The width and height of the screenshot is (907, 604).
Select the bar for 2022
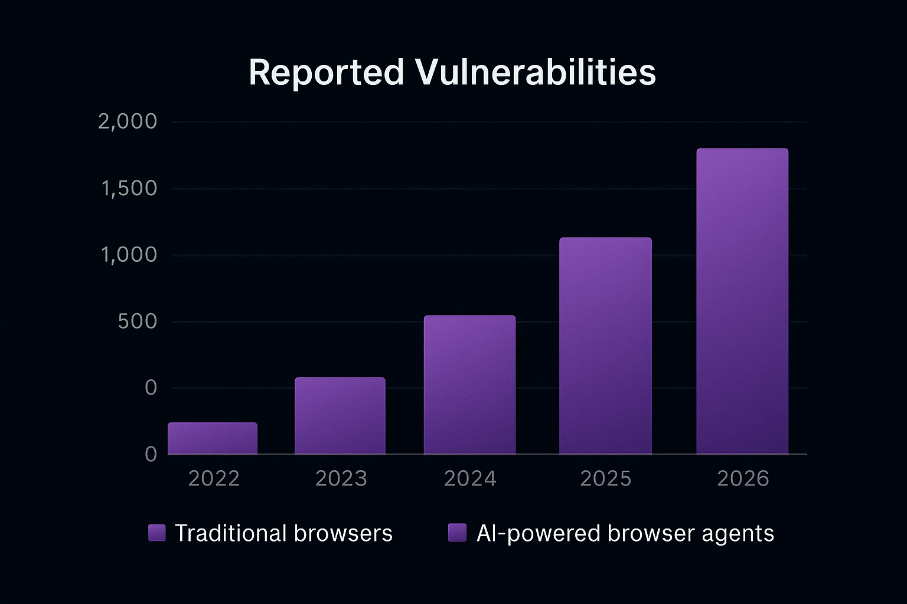pos(213,438)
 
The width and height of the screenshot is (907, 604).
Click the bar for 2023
pos(340,416)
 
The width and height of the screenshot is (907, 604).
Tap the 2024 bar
pos(469,385)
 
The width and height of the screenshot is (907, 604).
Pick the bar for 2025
pos(605,346)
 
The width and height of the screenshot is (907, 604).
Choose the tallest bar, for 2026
pos(742,301)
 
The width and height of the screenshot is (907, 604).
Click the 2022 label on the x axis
pos(214,478)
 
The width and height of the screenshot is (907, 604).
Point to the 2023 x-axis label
pos(341,478)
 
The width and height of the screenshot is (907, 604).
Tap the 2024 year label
pos(470,478)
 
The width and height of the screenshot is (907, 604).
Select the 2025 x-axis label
pos(606,478)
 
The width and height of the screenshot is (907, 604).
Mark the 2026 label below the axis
pos(743,478)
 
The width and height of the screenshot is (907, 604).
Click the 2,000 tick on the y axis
pos(128,122)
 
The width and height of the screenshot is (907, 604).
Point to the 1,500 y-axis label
pos(129,189)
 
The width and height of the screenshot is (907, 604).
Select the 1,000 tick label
pos(129,255)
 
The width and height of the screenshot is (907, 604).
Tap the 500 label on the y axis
pos(138,321)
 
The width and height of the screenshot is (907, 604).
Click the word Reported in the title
pos(326,73)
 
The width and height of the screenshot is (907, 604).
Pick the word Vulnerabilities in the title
pos(535,73)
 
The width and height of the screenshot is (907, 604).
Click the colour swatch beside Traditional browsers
pos(157,533)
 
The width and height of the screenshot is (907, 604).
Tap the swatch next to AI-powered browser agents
pos(458,533)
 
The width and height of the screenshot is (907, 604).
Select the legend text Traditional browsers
pos(283,533)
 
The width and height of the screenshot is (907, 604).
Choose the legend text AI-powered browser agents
pos(625,533)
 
